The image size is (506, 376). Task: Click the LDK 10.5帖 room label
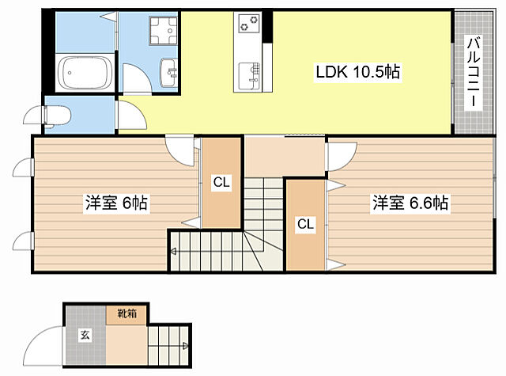pyautogui.click(x=358, y=72)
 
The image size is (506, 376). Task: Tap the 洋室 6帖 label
pyautogui.click(x=116, y=203)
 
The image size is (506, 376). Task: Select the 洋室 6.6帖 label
pyautogui.click(x=410, y=203)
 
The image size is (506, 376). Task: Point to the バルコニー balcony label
pyautogui.click(x=474, y=72)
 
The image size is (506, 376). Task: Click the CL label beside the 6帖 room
pyautogui.click(x=221, y=183)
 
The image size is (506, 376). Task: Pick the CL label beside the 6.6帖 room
pyautogui.click(x=305, y=223)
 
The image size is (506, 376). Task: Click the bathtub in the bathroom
pyautogui.click(x=85, y=73)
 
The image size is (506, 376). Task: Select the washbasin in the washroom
pyautogui.click(x=168, y=73)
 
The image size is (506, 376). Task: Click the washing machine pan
pyautogui.click(x=164, y=31)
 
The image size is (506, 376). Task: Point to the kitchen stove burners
pyautogui.click(x=249, y=23)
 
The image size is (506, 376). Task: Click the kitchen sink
pyautogui.click(x=249, y=78)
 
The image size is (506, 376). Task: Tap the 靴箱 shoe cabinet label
pyautogui.click(x=126, y=313)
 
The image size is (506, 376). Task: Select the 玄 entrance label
pyautogui.click(x=85, y=335)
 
